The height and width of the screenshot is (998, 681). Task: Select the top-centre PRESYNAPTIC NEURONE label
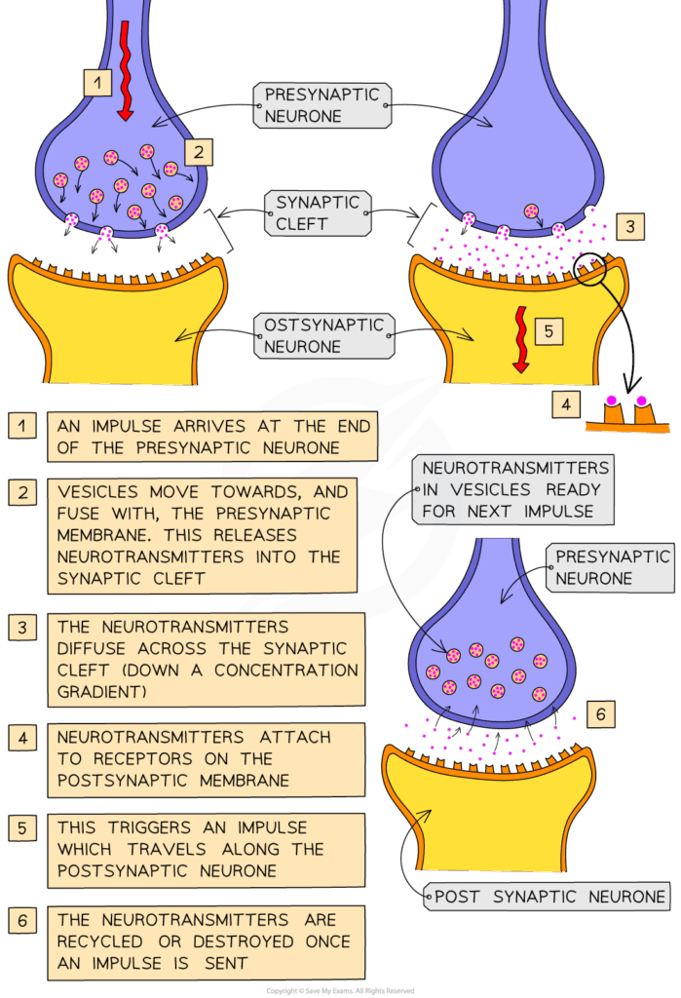322,105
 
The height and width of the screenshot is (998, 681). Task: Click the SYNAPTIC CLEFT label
318,212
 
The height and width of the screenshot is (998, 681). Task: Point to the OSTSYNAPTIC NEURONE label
324,335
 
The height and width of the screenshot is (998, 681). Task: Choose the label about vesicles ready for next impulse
515,489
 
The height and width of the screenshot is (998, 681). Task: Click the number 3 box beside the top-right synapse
630,227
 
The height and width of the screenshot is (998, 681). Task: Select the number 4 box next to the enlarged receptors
566,402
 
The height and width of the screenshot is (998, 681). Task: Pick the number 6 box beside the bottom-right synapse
601,714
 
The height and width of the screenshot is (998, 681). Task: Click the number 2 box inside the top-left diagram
198,151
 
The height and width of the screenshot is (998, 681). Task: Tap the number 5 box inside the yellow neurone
548,331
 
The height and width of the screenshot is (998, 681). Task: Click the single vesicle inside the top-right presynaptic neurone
532,210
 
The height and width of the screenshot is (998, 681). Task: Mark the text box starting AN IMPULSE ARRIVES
211,437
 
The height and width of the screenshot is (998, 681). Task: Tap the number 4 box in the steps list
22,738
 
